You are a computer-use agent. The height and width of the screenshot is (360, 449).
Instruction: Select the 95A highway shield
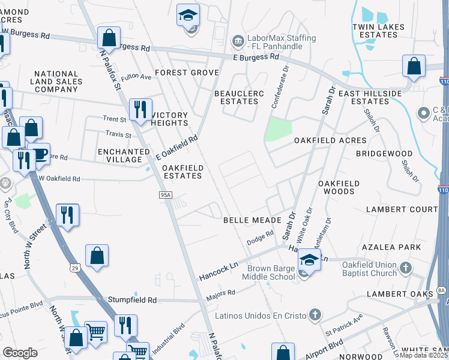tap(166, 194)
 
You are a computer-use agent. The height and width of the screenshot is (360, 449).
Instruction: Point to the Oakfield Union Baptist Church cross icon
tap(406, 268)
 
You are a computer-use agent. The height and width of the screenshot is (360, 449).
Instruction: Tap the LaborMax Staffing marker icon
tap(238, 40)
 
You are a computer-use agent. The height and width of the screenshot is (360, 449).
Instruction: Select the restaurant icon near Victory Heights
tap(140, 109)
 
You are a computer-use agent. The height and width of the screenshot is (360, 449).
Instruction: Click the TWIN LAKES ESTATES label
tap(375, 31)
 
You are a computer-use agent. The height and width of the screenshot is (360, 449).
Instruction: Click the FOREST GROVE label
tap(187, 73)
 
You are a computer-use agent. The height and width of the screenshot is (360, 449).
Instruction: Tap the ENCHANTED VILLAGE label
tap(124, 156)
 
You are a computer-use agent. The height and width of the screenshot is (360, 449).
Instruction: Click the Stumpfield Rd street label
tap(132, 299)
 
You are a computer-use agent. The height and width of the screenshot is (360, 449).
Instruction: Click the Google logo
tap(20, 352)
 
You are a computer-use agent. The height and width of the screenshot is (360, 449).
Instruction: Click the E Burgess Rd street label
tap(256, 57)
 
